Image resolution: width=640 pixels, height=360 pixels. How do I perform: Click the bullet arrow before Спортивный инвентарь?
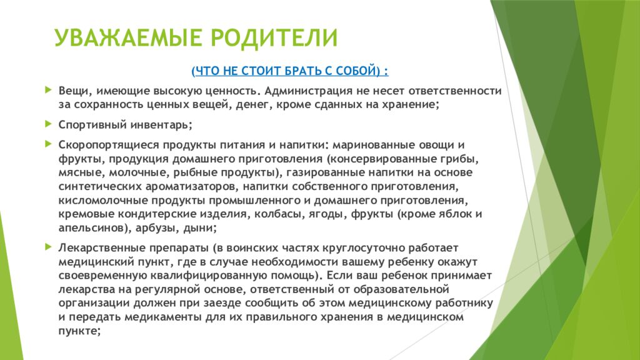pyautogui.click(x=49, y=123)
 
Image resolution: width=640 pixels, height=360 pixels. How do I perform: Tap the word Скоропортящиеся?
pyautogui.click(x=103, y=144)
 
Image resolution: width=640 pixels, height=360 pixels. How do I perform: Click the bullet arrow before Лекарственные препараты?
pyautogui.click(x=49, y=246)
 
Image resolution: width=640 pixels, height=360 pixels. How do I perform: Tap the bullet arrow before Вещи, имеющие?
pyautogui.click(x=49, y=89)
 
